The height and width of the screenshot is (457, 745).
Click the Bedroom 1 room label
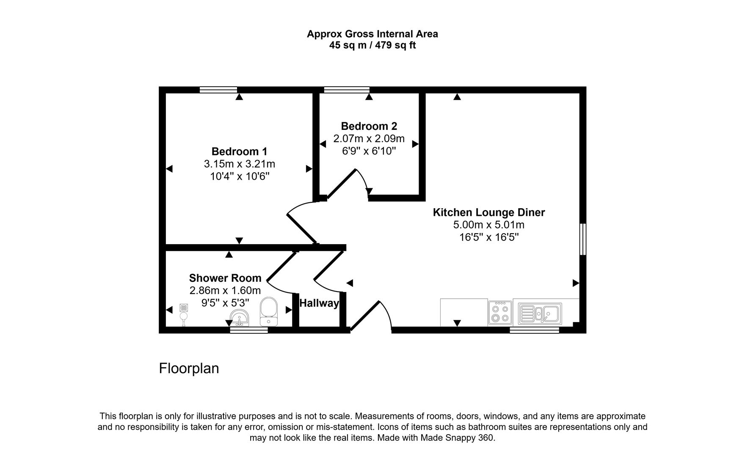239,151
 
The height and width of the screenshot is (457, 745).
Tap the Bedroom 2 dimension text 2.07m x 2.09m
369,138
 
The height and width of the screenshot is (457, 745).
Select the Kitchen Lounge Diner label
488,212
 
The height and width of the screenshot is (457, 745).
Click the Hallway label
319,303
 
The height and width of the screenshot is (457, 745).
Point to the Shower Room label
225,278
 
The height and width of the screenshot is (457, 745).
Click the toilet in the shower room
268,311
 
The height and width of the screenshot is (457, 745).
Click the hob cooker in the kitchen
500,313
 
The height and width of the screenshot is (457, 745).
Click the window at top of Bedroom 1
218,90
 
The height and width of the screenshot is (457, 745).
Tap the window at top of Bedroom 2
346,90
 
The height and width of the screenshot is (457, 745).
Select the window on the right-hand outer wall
583,240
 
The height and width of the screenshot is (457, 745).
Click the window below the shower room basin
249,330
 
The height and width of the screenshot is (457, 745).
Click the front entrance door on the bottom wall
365,316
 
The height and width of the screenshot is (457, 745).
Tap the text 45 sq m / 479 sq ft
372,45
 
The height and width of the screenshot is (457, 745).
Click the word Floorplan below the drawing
189,368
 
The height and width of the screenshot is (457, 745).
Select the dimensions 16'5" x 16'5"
489,237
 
